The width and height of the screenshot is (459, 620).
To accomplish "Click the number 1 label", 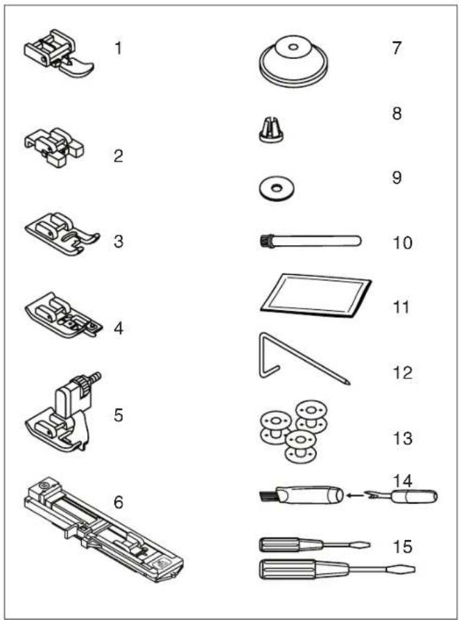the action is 118,49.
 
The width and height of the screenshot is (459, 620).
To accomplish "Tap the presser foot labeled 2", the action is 54,146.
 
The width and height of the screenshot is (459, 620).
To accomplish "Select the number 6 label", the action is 118,502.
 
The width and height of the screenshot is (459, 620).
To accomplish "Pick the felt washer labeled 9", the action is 277,187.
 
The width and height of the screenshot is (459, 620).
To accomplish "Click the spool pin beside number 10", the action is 310,241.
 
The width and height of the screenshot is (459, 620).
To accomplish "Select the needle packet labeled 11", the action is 316,295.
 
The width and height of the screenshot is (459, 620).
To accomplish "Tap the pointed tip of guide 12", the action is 348,383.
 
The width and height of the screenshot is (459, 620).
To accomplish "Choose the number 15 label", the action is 403,547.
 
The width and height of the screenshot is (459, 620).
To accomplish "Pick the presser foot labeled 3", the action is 62,233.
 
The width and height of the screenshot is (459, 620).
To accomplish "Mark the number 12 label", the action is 403,373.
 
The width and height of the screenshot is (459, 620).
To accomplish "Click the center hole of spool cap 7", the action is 293,47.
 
